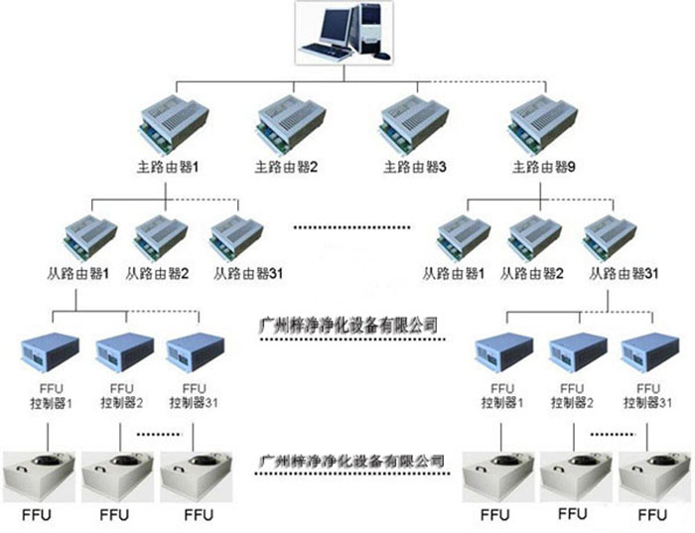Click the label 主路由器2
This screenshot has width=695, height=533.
[288, 168]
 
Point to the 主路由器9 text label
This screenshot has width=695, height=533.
[542, 168]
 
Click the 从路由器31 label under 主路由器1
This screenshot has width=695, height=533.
[239, 273]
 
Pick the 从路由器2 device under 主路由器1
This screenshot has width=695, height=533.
[162, 235]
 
